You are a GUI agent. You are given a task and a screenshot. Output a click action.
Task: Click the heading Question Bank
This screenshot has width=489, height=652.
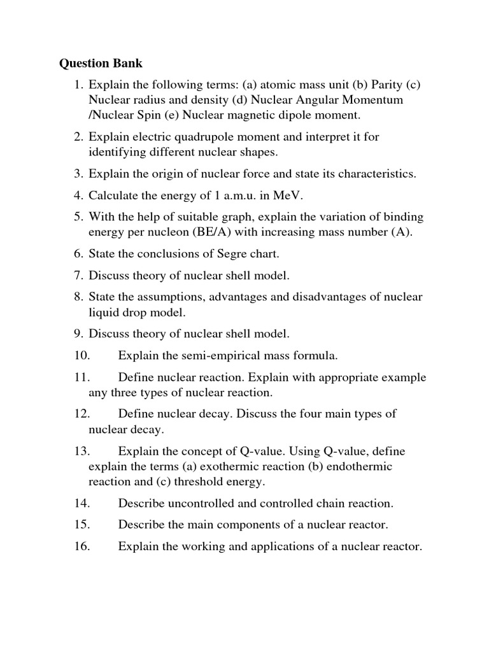[x=101, y=64]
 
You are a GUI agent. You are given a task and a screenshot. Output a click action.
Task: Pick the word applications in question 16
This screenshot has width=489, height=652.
[x=288, y=546]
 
